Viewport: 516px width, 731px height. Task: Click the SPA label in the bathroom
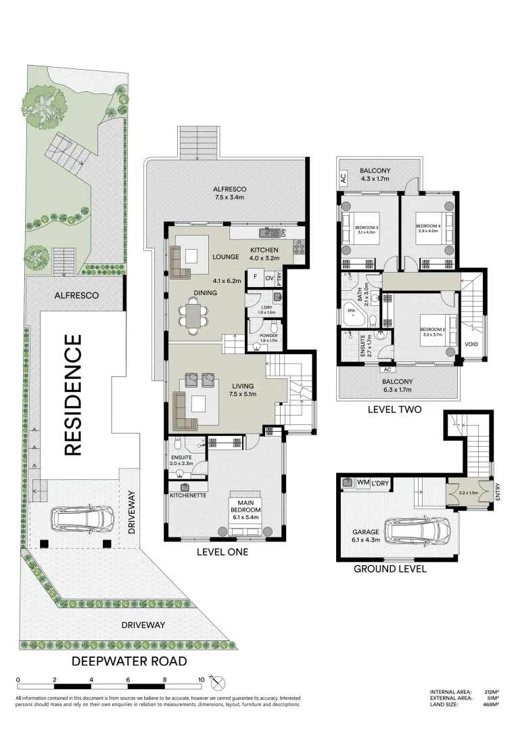tap(350, 313)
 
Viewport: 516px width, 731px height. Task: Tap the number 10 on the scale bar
tap(201, 679)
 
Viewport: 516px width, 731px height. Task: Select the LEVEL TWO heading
tap(394, 409)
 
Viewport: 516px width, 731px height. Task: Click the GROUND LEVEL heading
tap(390, 569)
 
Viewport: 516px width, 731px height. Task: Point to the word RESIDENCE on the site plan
tap(73, 395)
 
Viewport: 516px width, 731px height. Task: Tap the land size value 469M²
tap(490, 705)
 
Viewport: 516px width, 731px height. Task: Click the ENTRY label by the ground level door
tap(498, 491)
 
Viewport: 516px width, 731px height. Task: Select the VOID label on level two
tap(471, 344)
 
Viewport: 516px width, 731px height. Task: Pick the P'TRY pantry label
tap(279, 277)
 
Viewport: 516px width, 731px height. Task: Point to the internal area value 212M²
tap(490, 692)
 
